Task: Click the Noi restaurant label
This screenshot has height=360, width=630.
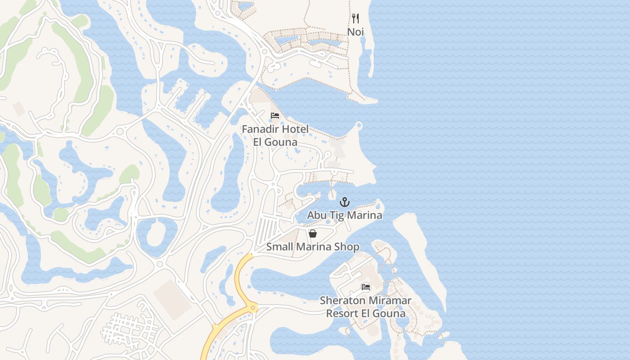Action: (355, 32)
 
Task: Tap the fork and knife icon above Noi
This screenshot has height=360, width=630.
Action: (355, 18)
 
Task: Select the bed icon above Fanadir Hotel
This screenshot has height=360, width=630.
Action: (275, 116)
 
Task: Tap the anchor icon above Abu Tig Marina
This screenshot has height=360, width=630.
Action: (345, 202)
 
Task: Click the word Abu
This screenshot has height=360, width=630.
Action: (316, 216)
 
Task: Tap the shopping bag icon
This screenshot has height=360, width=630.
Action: (313, 234)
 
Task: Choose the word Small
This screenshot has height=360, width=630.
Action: (279, 247)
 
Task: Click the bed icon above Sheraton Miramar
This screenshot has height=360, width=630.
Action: (366, 287)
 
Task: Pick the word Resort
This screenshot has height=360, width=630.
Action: (344, 313)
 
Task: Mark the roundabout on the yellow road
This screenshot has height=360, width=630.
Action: (253, 308)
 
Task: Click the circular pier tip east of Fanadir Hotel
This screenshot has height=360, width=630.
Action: (359, 125)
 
